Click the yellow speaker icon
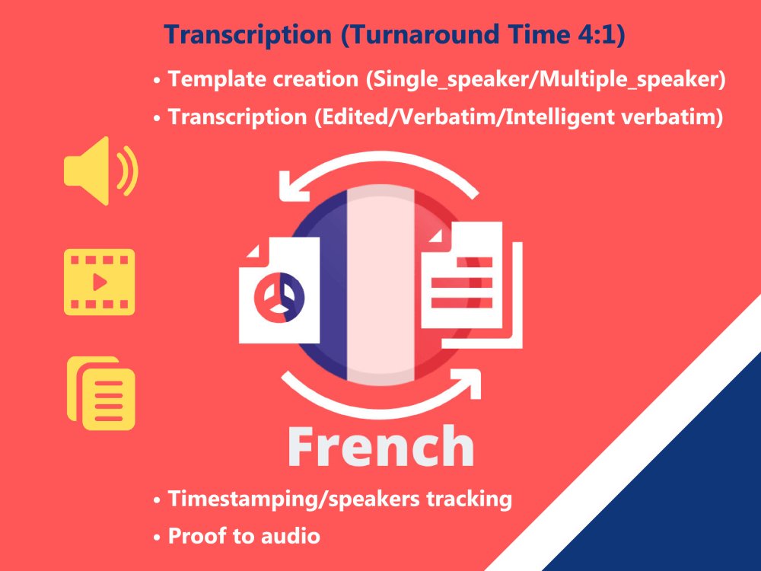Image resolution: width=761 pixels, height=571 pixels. click(x=99, y=171)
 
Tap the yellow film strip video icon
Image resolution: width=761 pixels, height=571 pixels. click(x=99, y=282)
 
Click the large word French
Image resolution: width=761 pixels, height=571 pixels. click(x=380, y=445)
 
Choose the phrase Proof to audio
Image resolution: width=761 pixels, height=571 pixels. click(x=244, y=535)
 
